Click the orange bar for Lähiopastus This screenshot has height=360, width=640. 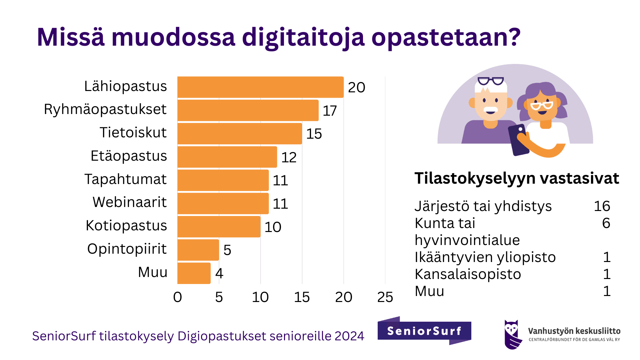[260, 87]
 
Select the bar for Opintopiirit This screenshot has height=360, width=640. [198, 250]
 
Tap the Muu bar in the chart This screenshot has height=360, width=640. [194, 273]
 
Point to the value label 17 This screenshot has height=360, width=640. [330, 111]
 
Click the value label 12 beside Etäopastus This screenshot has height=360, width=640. [289, 157]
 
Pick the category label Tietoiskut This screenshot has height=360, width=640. [133, 133]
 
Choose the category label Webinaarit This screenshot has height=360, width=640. [130, 202]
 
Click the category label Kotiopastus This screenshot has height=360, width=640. [126, 226]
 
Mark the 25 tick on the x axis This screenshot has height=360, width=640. [385, 297]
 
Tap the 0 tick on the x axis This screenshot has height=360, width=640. [177, 297]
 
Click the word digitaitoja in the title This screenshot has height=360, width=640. [303, 37]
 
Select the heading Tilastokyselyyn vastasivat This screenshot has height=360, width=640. [517, 178]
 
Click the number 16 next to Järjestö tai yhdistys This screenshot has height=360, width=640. [602, 206]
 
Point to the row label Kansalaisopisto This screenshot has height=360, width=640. [468, 274]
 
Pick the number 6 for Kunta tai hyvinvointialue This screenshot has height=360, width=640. [606, 223]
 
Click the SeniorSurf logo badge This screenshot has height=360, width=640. [424, 331]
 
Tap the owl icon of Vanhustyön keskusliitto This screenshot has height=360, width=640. [512, 334]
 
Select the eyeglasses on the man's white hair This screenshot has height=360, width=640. [490, 81]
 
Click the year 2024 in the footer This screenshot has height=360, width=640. [349, 336]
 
